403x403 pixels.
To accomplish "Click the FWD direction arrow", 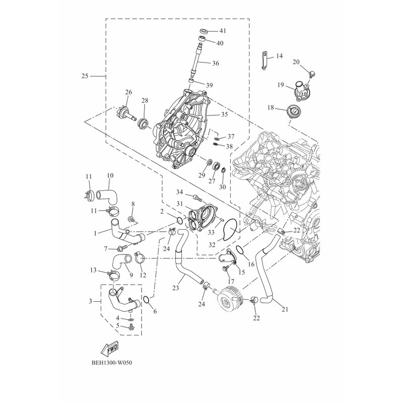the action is click(x=110, y=349).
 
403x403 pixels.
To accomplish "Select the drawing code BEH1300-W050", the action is click(x=112, y=363).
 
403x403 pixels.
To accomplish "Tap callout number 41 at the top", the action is click(x=223, y=31).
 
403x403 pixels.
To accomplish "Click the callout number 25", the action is click(x=85, y=76).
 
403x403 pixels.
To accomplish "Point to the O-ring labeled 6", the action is click(x=146, y=299).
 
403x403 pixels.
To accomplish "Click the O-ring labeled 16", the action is click(x=239, y=249).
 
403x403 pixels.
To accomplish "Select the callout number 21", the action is click(x=285, y=309).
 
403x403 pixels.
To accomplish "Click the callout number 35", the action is click(x=225, y=114).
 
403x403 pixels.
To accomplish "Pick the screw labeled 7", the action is click(x=122, y=248).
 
